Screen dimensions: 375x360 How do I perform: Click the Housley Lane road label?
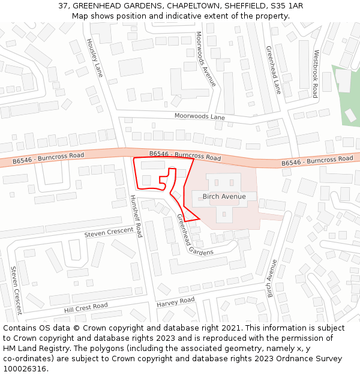point(95,58)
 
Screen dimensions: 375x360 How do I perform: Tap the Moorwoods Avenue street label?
point(205,59)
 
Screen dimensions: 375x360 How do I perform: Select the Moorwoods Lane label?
point(200,116)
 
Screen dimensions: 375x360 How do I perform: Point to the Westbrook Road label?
point(314,74)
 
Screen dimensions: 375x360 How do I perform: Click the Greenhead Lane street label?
point(273,70)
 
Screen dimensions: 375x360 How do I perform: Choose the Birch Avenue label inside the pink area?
point(224,196)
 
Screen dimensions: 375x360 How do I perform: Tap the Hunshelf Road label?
point(136,215)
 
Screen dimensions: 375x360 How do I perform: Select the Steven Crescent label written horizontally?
point(109,232)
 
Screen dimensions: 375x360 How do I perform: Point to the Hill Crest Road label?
point(86,308)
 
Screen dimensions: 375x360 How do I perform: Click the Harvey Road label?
point(175,302)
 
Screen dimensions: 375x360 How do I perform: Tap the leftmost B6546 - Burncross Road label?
point(49,158)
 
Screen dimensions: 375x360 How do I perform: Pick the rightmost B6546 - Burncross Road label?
point(317,161)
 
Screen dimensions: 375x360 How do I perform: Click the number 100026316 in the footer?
point(25,369)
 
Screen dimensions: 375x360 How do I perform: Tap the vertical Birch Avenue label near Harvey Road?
point(272,278)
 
